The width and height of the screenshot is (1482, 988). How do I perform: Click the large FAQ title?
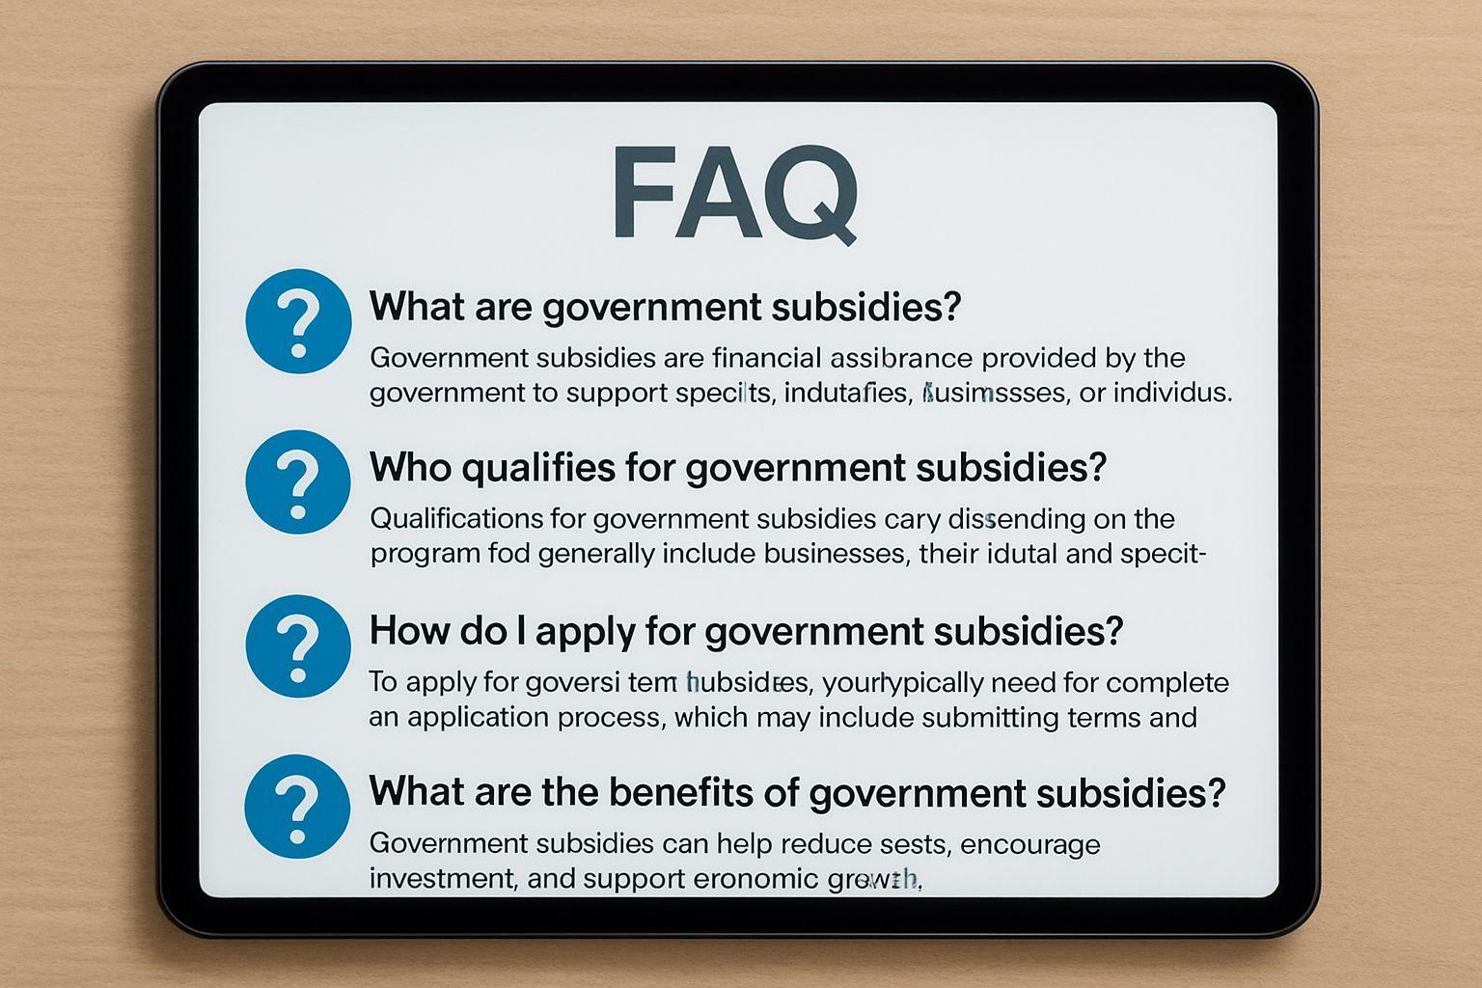tap(733, 193)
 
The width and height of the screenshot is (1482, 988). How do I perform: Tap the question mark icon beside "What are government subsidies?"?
tap(298, 321)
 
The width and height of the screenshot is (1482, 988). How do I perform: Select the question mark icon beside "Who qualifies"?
tap(298, 481)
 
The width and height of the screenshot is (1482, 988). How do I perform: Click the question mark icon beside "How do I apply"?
tap(298, 645)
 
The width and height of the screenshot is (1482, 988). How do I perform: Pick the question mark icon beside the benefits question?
tap(298, 806)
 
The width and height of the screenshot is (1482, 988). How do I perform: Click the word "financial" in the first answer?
tap(767, 358)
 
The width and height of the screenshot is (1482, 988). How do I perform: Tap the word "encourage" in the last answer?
tap(1030, 845)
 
